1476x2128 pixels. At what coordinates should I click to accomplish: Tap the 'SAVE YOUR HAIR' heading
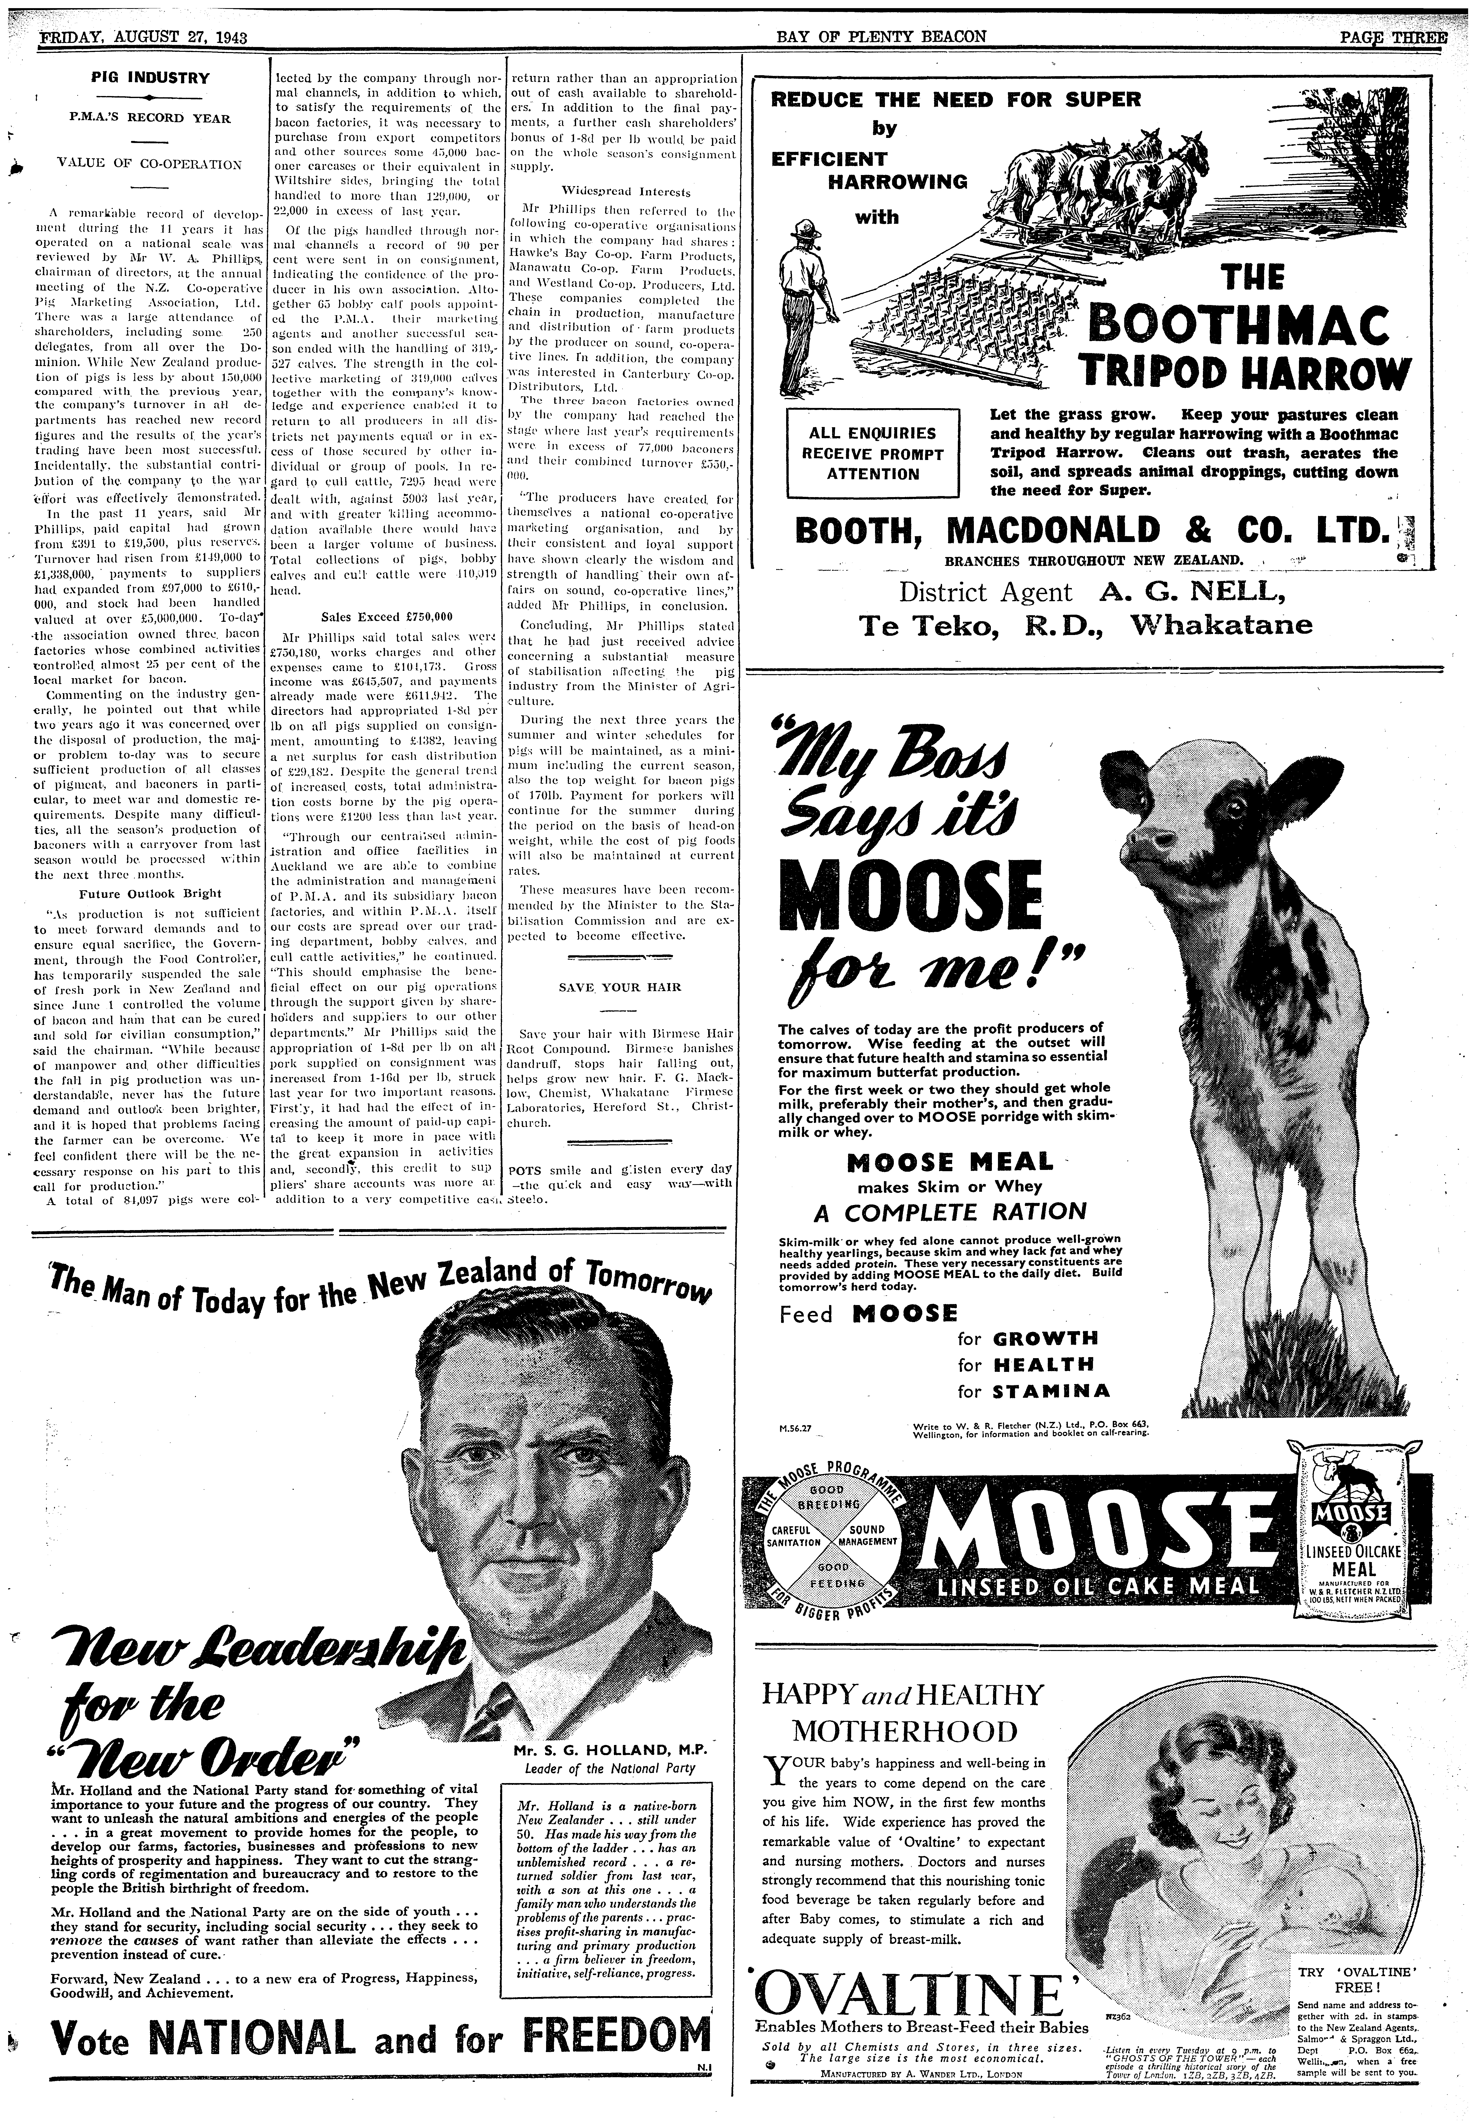pos(620,987)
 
